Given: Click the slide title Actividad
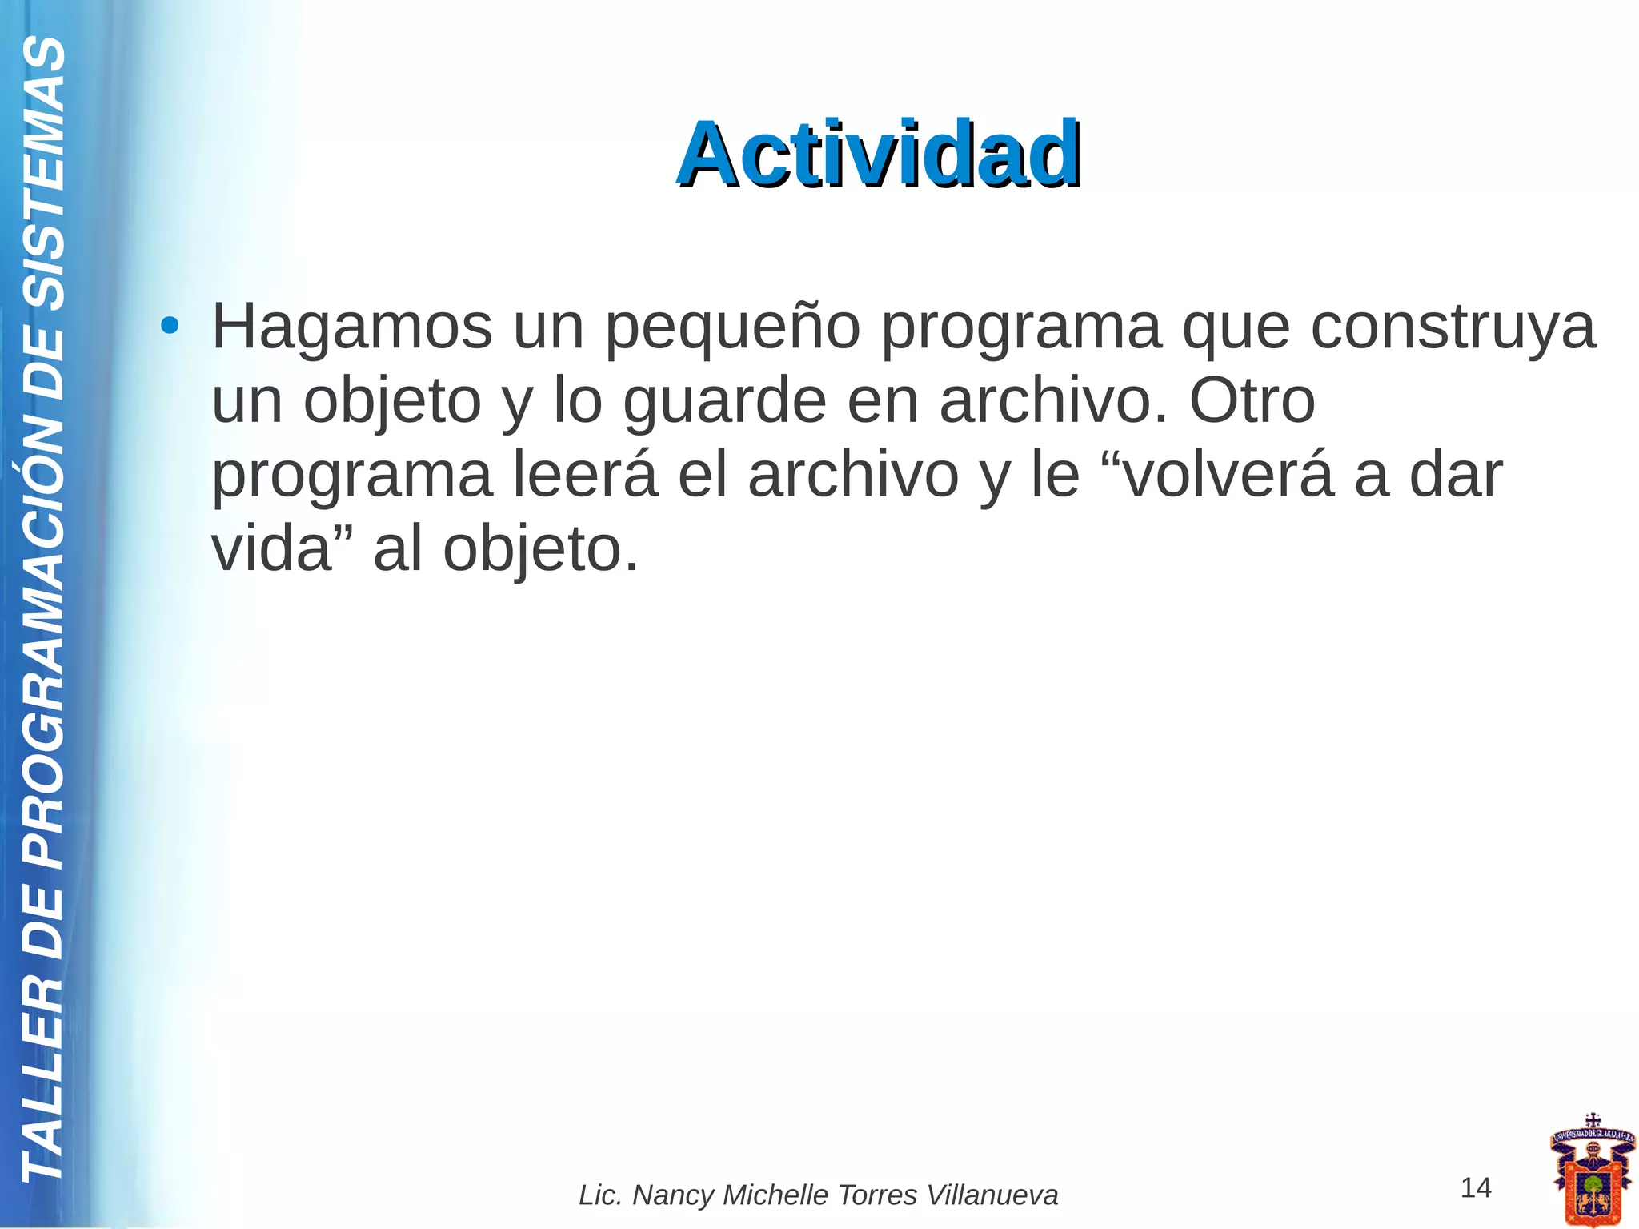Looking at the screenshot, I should pos(879,154).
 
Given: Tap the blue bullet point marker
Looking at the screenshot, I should pos(169,327).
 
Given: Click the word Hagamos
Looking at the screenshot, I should pos(352,327).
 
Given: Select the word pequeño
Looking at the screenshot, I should pos(731,328).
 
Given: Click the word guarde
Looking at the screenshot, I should pos(723,402).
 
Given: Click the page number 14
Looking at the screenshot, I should pos(1476,1187).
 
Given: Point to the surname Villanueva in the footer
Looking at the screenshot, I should pos(992,1195).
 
